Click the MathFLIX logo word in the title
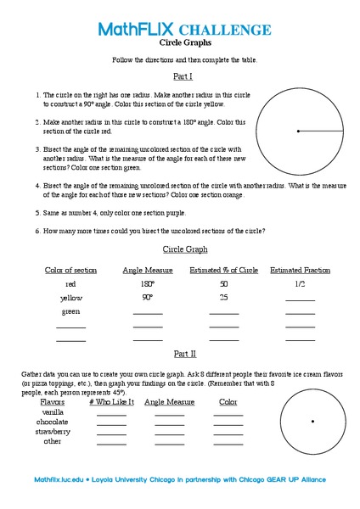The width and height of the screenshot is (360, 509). (136, 30)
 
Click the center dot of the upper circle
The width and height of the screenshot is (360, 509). (298, 131)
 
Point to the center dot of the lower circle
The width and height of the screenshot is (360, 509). (312, 421)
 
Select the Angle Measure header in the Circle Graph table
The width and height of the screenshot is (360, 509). (148, 271)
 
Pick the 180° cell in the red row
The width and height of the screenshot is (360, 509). (147, 284)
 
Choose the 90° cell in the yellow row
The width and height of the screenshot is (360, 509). (147, 298)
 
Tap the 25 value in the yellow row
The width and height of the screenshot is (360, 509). (223, 298)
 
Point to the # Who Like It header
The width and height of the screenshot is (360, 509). (111, 401)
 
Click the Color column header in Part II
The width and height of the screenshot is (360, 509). (228, 401)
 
